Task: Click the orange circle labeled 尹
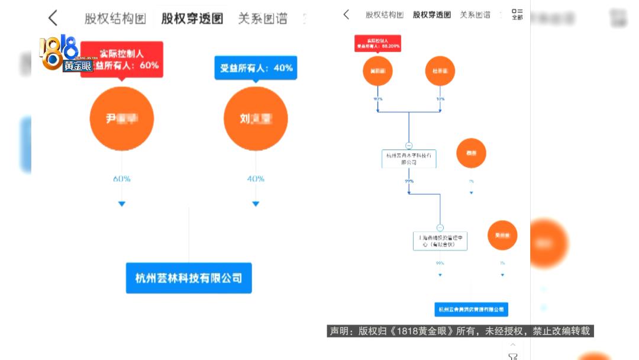point(122,118)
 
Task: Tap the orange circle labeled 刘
point(256,118)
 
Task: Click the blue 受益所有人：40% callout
point(256,68)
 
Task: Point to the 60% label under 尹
point(122,179)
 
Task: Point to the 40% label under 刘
point(256,179)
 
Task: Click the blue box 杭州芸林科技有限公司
point(189,278)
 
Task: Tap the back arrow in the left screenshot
point(53,18)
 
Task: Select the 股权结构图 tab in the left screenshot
point(115,18)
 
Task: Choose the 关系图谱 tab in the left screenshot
point(262,18)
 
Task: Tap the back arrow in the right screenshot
point(347,15)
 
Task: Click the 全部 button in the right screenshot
point(517,14)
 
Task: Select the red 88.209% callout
point(377,43)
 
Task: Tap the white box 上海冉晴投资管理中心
point(440,241)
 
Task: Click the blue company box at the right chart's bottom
point(471,309)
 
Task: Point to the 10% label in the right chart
point(440,99)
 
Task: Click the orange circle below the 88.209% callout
point(377,71)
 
